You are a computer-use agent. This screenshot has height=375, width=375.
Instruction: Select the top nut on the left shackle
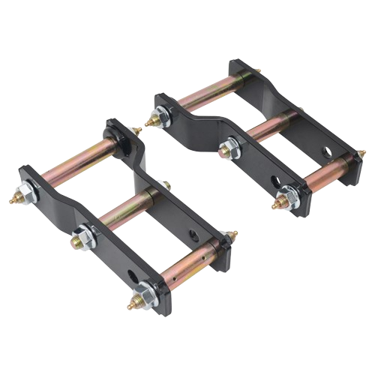[27, 194]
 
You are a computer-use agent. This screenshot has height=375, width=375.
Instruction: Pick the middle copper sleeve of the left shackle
[124, 214]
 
